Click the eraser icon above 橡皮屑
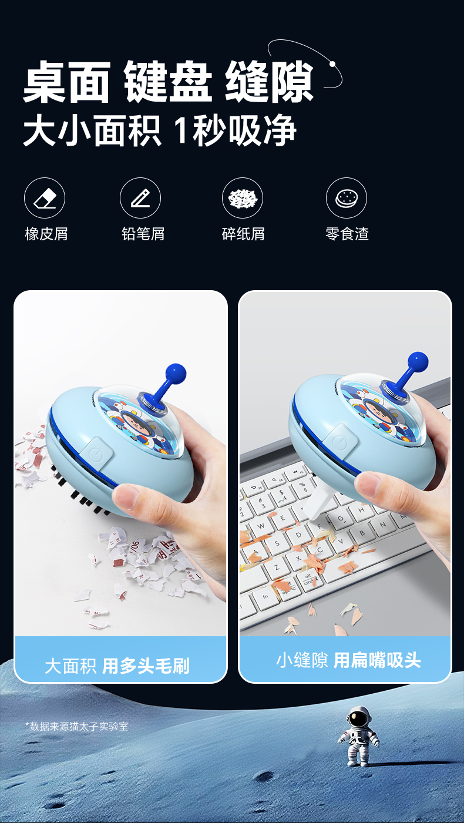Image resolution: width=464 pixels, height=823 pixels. click(45, 198)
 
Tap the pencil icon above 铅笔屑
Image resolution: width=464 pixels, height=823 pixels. click(140, 198)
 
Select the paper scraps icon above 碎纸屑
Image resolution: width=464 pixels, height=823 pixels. click(243, 198)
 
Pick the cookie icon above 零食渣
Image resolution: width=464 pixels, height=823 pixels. click(347, 198)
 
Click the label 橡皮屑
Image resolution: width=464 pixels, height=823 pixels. click(46, 234)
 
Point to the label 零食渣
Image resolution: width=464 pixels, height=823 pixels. click(347, 234)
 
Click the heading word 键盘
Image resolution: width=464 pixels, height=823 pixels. click(168, 81)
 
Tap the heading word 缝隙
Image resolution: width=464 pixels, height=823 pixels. click(269, 81)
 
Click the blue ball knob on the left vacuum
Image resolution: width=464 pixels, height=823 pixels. click(176, 373)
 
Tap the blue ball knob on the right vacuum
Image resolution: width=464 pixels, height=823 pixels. click(418, 362)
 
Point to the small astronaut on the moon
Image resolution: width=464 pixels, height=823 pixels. click(358, 736)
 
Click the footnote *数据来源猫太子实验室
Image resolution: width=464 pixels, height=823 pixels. click(77, 727)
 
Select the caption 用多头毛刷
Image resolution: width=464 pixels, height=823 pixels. click(146, 666)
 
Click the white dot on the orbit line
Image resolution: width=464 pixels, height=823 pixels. click(333, 64)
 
